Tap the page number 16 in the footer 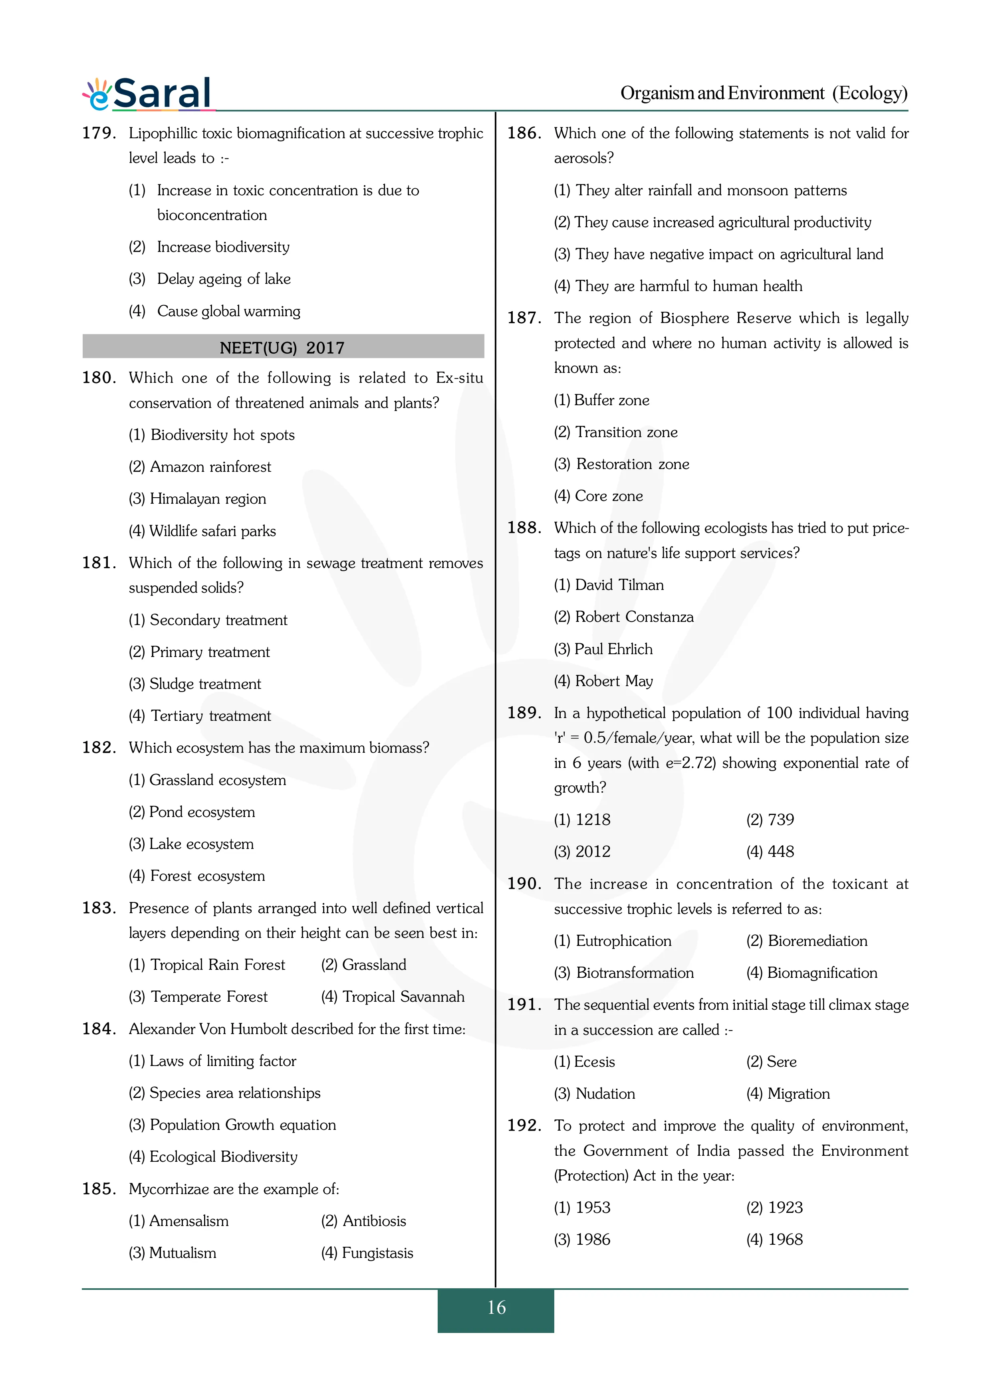tap(496, 1307)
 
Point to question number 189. tap(524, 713)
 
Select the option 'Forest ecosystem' tap(207, 876)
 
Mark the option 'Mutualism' tap(183, 1253)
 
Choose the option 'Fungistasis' tap(377, 1253)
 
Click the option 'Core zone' tap(608, 496)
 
